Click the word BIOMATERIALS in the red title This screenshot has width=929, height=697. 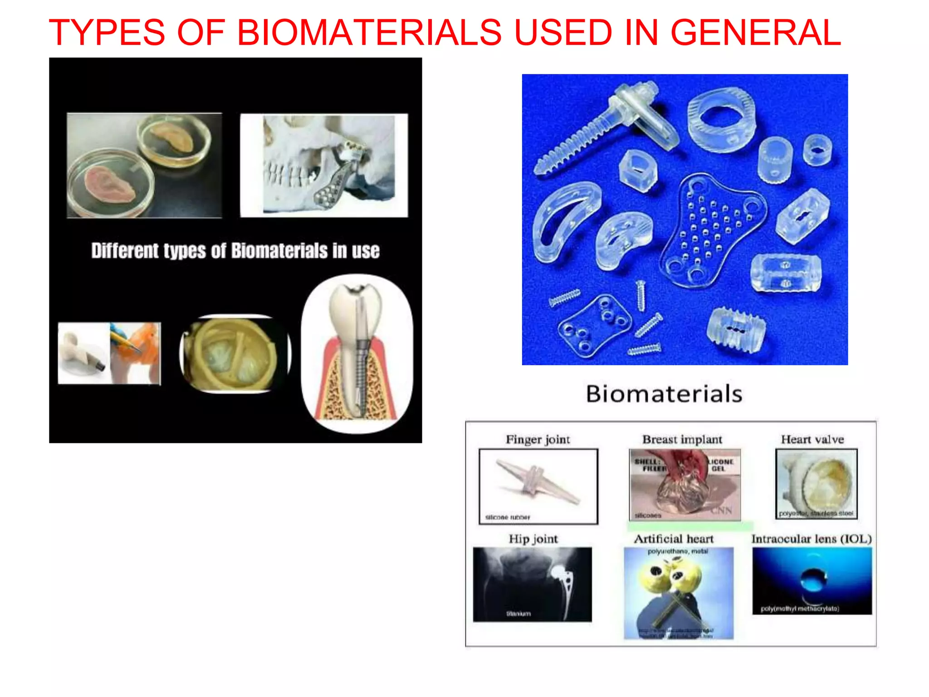pyautogui.click(x=369, y=33)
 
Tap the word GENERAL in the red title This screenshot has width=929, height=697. pyautogui.click(x=755, y=33)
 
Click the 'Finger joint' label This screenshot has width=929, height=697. pyautogui.click(x=538, y=439)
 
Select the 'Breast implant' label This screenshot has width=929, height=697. pyautogui.click(x=682, y=439)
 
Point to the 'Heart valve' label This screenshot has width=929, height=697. pyautogui.click(x=812, y=439)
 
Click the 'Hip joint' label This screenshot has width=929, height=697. pyautogui.click(x=533, y=539)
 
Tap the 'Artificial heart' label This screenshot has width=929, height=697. pyautogui.click(x=674, y=539)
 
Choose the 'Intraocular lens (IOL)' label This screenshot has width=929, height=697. pyautogui.click(x=812, y=539)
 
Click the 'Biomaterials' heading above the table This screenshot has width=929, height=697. pyautogui.click(x=664, y=393)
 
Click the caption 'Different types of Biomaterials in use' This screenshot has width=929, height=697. pyautogui.click(x=235, y=251)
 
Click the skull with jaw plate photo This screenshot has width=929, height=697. pyautogui.click(x=324, y=165)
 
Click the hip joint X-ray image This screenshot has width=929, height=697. pyautogui.click(x=532, y=584)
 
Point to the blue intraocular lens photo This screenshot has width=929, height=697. pyautogui.click(x=812, y=581)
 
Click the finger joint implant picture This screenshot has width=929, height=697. pyautogui.click(x=538, y=486)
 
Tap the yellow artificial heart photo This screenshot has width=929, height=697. pyautogui.click(x=678, y=592)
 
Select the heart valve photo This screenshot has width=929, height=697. pyautogui.click(x=817, y=483)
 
